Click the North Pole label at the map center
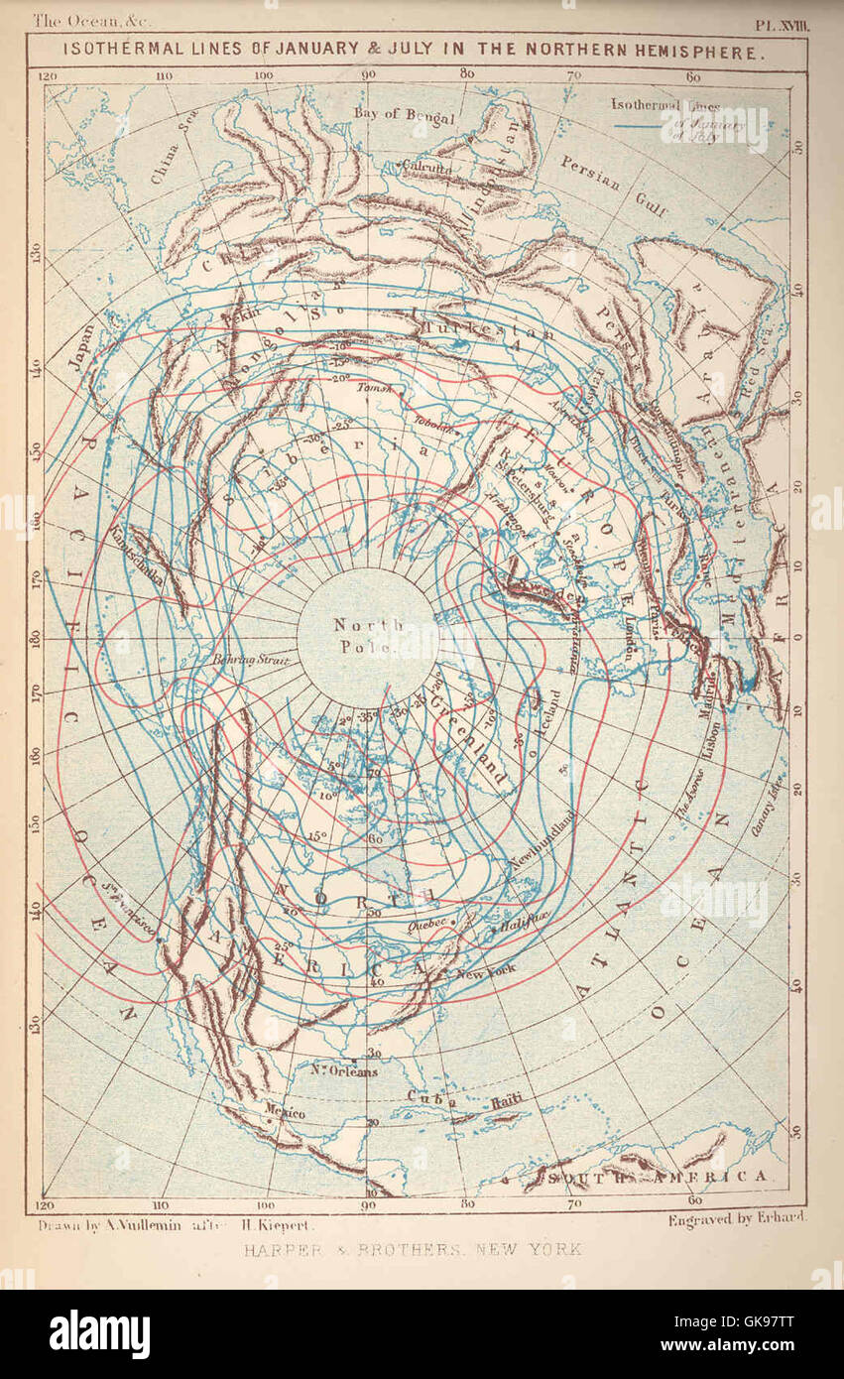368,636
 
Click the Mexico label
284,1114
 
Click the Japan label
83,347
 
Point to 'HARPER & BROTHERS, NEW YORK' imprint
413,1249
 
